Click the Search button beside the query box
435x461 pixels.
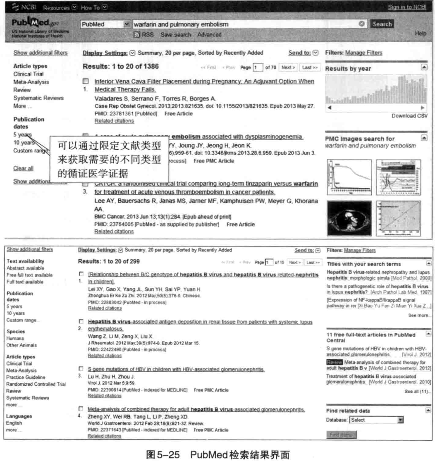pos(382,24)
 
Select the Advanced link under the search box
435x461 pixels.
pos(210,35)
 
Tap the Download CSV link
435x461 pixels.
pos(410,116)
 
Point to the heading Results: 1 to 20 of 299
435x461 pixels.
pos(109,262)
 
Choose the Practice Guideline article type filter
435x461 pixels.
pos(26,377)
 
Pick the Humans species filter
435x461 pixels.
pos(16,338)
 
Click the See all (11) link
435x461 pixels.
pos(419,392)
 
